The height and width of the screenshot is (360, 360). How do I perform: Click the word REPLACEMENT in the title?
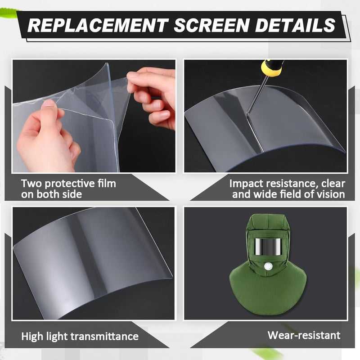click(97, 25)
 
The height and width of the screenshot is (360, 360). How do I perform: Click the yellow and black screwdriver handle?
click(272, 68)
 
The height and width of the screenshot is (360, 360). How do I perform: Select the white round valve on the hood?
click(269, 268)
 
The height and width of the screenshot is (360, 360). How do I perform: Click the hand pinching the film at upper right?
click(151, 94)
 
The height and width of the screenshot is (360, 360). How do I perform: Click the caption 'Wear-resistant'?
click(304, 335)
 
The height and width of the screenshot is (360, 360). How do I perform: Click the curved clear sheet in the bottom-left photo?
click(90, 256)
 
